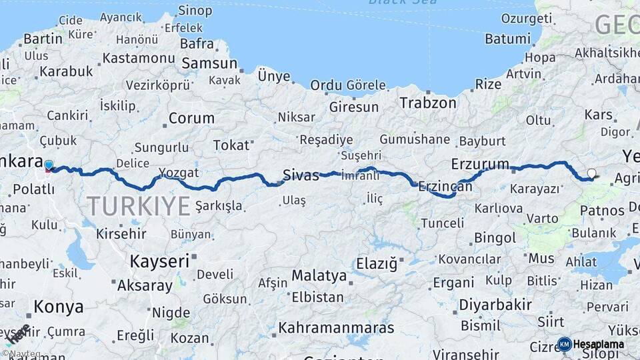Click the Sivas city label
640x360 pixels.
301,175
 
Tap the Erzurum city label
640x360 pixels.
480,164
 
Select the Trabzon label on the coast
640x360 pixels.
428,103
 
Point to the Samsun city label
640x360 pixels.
209,63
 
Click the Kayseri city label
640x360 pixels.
159,261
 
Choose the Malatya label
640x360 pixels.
319,275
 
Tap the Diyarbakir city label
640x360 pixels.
495,305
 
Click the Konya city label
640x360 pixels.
59,307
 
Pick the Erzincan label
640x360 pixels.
445,187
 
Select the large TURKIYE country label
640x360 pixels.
138,206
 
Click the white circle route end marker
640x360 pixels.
591,174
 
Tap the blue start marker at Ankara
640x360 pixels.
49,165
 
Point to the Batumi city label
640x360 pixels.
507,39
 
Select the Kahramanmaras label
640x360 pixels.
336,328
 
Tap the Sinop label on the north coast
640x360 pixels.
195,11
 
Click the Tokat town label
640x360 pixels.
231,145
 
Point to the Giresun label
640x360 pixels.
353,107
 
